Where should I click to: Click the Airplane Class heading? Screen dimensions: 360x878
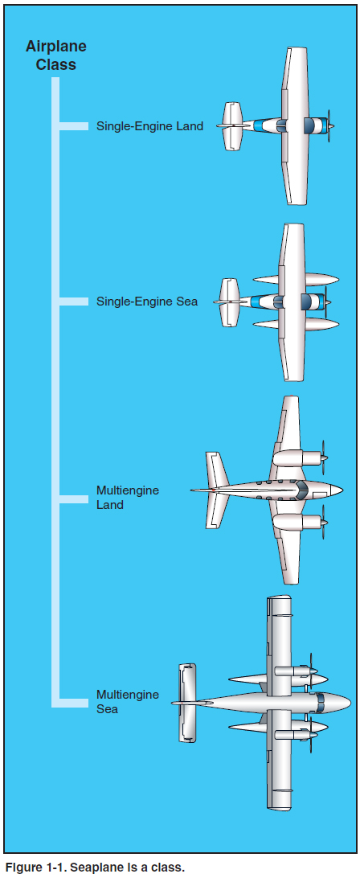(56, 55)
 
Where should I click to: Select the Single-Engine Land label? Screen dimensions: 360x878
(149, 126)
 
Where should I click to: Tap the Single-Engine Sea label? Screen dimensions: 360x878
(147, 302)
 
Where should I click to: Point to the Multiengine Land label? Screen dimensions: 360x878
(128, 497)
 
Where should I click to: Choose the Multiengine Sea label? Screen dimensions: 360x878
(128, 702)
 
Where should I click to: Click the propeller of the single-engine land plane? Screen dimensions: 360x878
(329, 126)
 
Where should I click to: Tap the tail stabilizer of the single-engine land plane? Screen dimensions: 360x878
(232, 126)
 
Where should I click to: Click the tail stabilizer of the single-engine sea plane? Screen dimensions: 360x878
(230, 302)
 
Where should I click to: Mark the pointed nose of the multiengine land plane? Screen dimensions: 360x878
(338, 490)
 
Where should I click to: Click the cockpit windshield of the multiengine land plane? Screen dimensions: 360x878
(303, 490)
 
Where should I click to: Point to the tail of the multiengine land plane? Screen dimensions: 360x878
(216, 490)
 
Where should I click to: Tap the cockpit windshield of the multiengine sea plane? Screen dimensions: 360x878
(321, 702)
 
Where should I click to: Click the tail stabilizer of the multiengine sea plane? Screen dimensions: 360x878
(187, 703)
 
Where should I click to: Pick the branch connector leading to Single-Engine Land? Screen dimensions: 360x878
(73, 126)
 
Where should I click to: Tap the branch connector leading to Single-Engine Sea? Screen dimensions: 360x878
(73, 302)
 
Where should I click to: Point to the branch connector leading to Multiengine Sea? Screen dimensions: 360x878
(73, 702)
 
